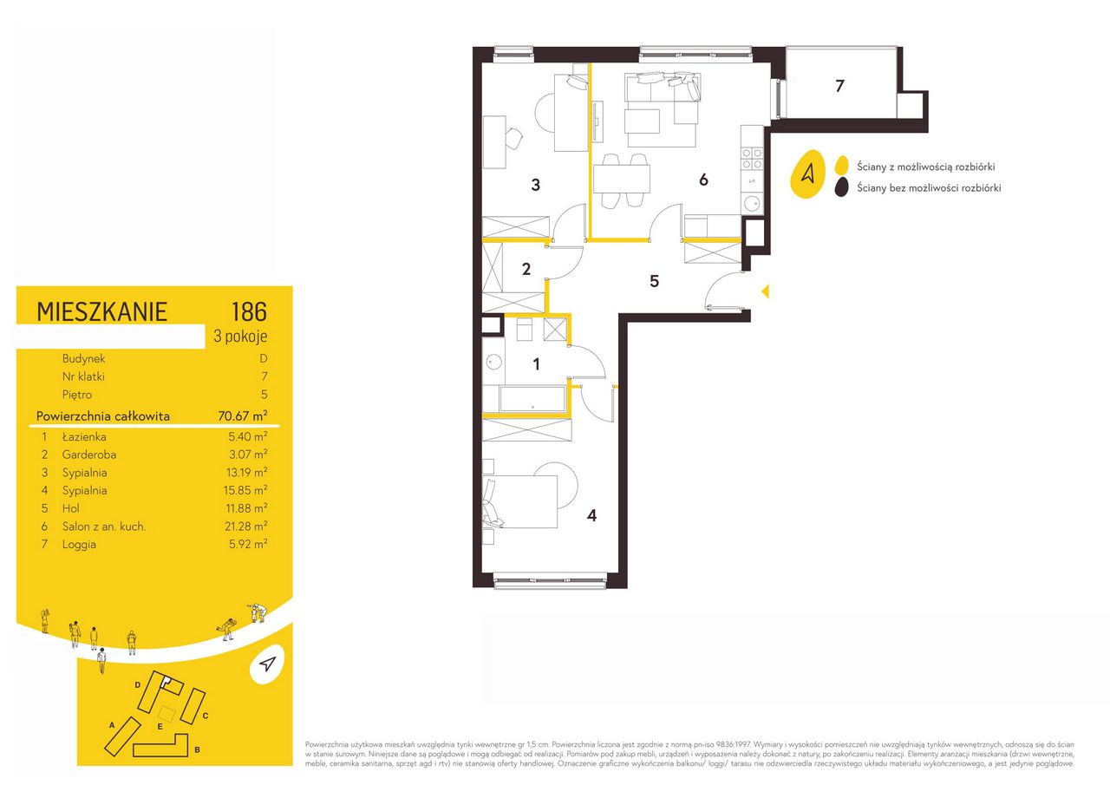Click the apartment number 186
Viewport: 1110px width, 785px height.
249,311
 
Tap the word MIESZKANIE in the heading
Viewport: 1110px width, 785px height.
102,311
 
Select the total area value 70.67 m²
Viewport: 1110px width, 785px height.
243,415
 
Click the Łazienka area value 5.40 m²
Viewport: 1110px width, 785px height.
248,436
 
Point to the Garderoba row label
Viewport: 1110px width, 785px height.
89,455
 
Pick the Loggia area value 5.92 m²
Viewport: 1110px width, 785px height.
248,544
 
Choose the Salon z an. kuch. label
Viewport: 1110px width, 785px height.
104,527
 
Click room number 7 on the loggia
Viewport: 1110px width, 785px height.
839,86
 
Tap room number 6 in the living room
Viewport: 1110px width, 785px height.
703,180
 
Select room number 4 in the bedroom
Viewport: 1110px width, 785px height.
591,515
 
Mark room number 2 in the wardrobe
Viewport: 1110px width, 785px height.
526,269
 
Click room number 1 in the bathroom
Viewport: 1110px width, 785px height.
536,365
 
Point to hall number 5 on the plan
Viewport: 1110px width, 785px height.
655,282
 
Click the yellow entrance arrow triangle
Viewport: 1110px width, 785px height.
766,291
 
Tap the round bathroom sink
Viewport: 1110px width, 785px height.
493,362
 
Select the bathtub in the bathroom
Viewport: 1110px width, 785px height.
532,399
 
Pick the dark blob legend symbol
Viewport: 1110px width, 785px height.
841,188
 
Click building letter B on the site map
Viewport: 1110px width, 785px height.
197,749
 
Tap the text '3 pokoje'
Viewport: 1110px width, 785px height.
240,337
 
